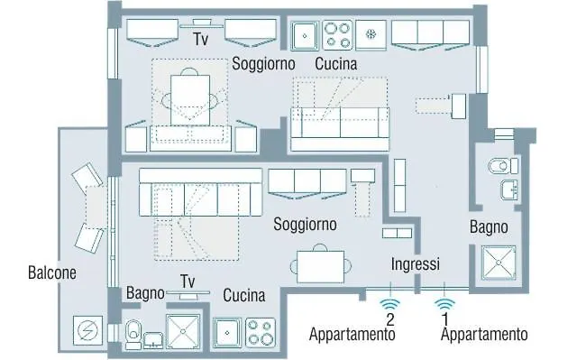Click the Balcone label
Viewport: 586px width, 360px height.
52,272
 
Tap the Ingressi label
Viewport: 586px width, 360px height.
416,264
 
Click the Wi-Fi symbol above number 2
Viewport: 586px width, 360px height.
390,304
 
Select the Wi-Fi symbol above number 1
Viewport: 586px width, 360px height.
444,304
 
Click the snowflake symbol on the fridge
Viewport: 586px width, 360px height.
371,35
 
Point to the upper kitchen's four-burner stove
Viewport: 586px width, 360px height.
337,35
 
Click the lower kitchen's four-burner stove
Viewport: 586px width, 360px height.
261,333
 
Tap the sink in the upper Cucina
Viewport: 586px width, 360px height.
305,36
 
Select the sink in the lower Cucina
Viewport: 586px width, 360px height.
227,332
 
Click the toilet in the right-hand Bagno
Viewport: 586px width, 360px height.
503,166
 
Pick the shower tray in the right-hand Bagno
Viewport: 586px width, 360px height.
499,263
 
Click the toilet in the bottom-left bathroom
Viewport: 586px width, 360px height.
133,334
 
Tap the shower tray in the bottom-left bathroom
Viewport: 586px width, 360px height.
183,332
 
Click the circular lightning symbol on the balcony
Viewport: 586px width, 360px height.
87,330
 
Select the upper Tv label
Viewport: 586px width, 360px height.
201,39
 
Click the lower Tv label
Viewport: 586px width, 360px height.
188,282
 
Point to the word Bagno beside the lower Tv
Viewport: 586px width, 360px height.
145,293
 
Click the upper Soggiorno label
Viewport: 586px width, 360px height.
263,63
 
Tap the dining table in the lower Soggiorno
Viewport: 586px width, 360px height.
321,266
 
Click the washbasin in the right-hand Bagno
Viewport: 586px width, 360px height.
509,189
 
